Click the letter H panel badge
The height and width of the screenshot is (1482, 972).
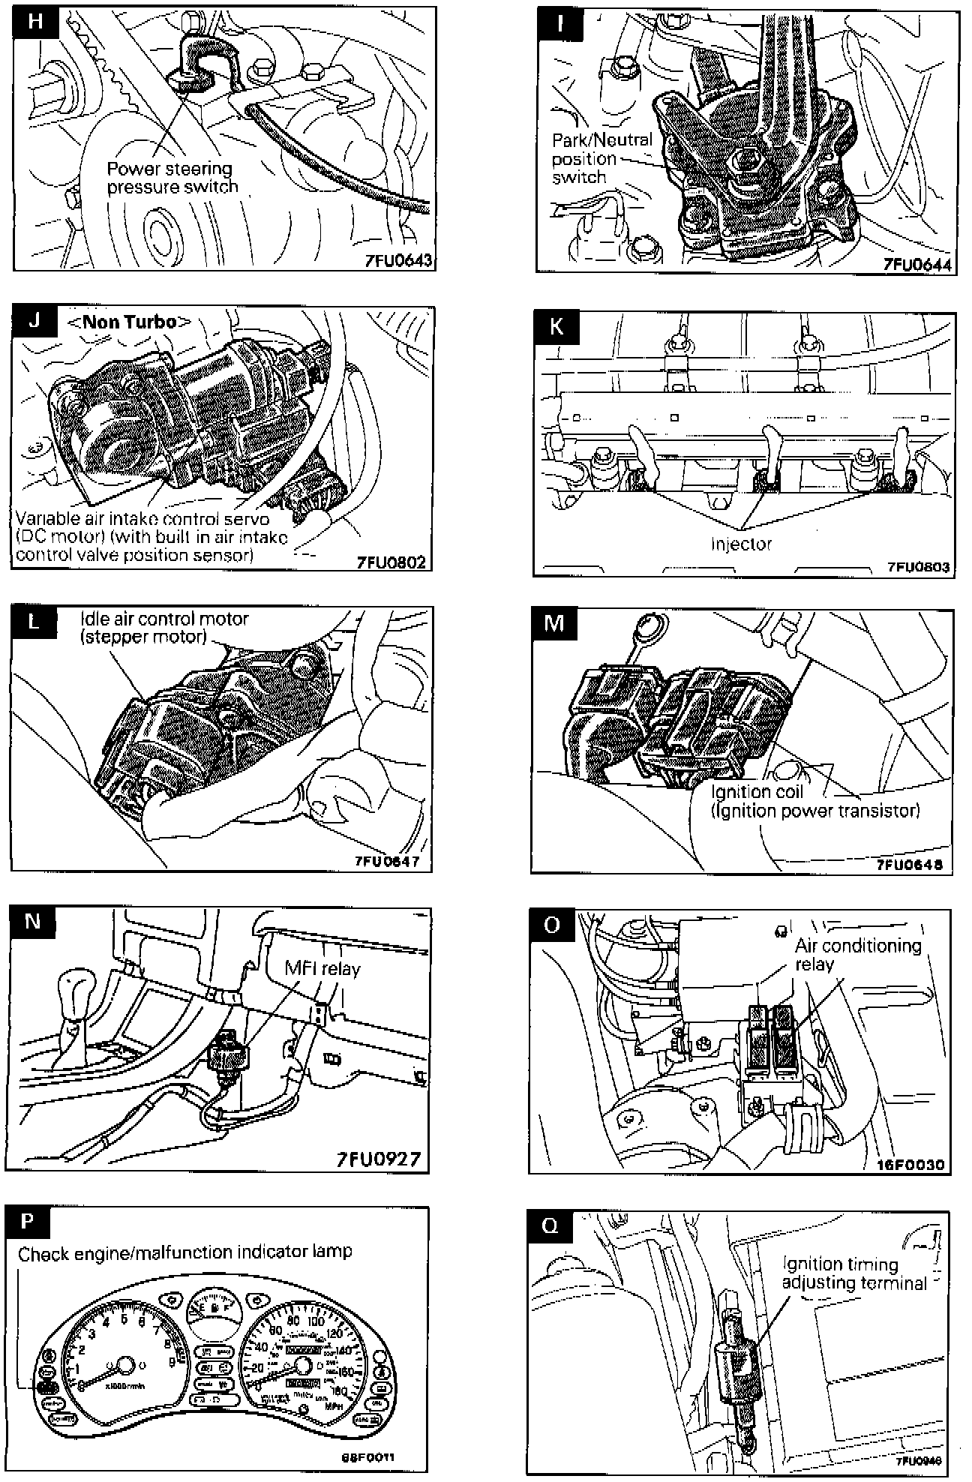click(x=35, y=21)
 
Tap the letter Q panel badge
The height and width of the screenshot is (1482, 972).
click(x=550, y=1225)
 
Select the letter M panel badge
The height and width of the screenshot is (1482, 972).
click(x=553, y=623)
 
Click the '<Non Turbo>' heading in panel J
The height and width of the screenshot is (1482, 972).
click(x=130, y=322)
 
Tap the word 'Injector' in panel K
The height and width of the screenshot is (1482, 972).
click(x=741, y=544)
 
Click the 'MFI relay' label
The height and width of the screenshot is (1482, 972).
click(x=322, y=968)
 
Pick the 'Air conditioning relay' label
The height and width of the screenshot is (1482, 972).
click(x=857, y=954)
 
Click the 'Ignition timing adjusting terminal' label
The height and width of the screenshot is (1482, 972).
click(x=853, y=1273)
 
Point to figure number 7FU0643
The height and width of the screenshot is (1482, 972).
click(x=400, y=261)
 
